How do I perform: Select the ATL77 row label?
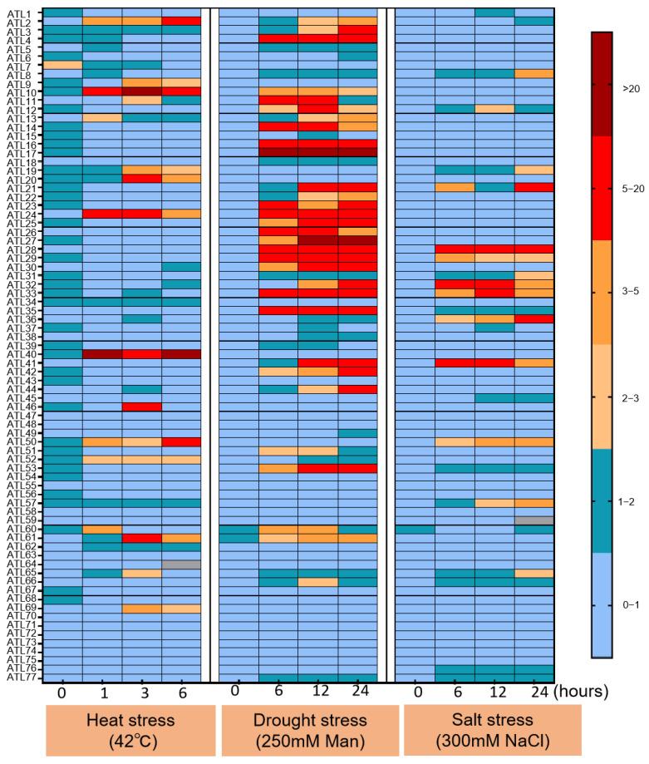[x=22, y=677]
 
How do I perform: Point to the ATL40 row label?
[x=22, y=353]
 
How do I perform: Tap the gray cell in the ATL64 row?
[x=180, y=564]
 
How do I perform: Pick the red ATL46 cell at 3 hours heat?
[x=141, y=407]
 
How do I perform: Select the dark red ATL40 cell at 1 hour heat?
[x=101, y=353]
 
